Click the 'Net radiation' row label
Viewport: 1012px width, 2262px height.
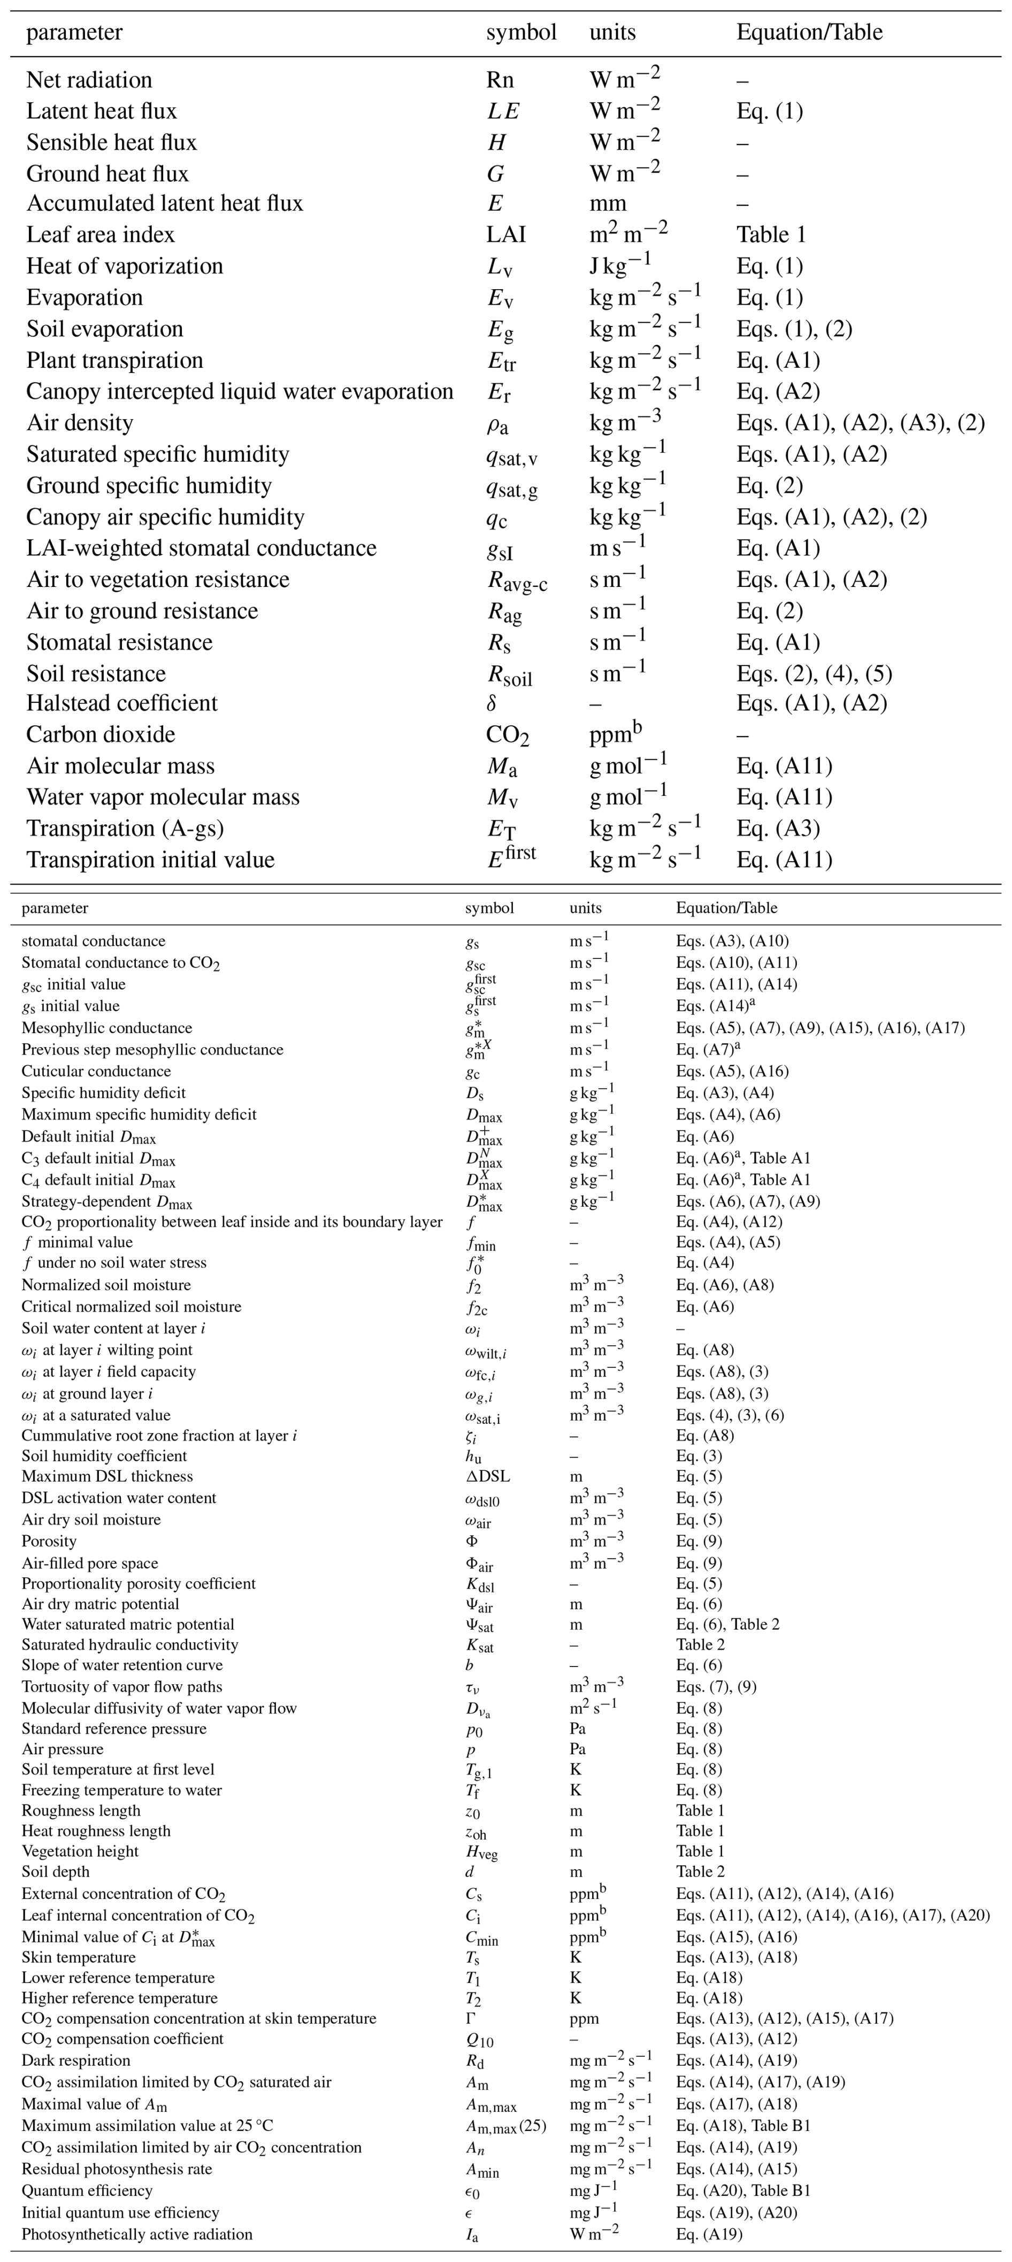tap(89, 80)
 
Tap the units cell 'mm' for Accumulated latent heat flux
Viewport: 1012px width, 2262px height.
tap(608, 204)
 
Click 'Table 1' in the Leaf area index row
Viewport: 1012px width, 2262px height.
tap(770, 235)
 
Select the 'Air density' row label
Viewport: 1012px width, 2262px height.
tap(80, 423)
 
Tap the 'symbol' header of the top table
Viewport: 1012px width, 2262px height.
tap(521, 33)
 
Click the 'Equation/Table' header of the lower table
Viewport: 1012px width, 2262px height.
tap(726, 908)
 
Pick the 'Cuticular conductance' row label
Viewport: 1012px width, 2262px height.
tap(97, 1071)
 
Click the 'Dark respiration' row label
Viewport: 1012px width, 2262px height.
tap(75, 2060)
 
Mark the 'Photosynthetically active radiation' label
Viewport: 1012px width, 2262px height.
tap(137, 2234)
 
